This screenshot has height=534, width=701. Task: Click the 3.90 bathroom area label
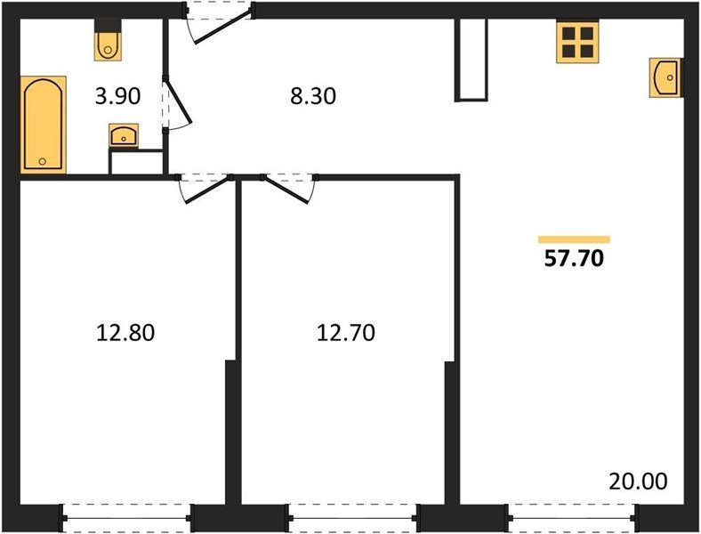117,96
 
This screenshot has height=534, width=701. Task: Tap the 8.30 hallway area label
313,96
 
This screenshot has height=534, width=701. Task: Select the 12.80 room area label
125,334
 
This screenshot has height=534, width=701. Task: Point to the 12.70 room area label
346,334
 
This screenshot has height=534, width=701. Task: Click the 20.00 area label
638,481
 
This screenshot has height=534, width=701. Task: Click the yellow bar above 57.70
574,239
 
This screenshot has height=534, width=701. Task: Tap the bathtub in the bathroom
43,124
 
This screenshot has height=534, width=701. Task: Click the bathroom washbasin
123,136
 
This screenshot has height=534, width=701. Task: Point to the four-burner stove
576,43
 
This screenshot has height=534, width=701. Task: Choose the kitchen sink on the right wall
665,77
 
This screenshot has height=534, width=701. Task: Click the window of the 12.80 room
128,514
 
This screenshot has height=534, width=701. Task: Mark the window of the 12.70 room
353,514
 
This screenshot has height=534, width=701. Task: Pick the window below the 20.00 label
573,514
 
